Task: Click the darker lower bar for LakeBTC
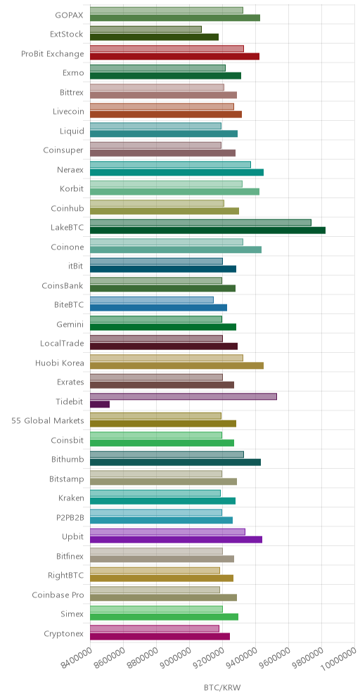[207, 231]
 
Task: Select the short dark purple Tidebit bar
[100, 404]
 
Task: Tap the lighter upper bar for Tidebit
[184, 396]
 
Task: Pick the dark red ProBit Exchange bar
[174, 56]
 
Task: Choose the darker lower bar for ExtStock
[155, 37]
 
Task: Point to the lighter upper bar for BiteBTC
[152, 300]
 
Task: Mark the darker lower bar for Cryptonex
[160, 636]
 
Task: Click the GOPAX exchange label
[69, 14]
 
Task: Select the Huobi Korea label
[59, 363]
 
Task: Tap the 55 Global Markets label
[48, 420]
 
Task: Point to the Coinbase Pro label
[58, 595]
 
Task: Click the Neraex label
[70, 169]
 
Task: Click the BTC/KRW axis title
[222, 687]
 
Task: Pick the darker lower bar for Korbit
[174, 192]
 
